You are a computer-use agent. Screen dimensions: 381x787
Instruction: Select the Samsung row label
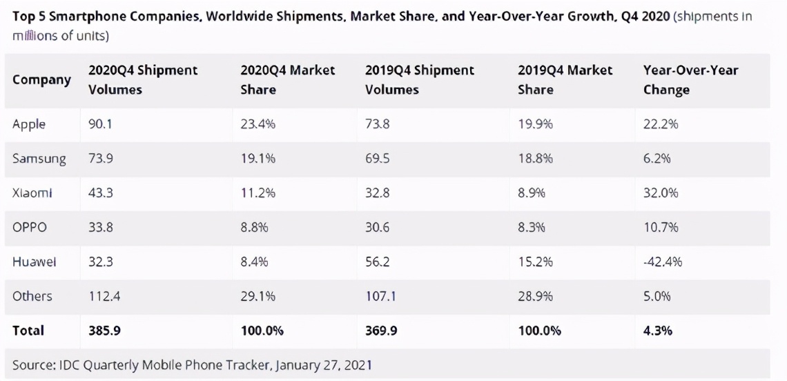[x=39, y=159]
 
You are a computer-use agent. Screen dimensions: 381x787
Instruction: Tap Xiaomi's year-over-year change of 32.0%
[x=661, y=193]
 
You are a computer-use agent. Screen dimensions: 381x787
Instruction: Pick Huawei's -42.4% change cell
[x=663, y=262]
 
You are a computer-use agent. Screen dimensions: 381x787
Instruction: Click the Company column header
[x=41, y=79]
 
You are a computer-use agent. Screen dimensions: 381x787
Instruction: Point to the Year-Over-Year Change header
[x=690, y=79]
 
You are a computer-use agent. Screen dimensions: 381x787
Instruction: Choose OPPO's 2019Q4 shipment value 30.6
[x=378, y=227]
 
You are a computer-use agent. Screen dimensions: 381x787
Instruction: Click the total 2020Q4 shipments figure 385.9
[x=104, y=330]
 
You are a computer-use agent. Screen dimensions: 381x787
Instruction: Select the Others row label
[x=32, y=295]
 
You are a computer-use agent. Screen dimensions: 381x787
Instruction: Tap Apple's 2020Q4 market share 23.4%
[x=258, y=124]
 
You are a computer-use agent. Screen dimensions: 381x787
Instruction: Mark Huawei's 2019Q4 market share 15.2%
[x=535, y=262]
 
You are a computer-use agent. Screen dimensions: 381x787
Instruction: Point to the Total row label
[x=28, y=330]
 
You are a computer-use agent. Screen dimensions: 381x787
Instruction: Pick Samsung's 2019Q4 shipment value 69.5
[x=378, y=159]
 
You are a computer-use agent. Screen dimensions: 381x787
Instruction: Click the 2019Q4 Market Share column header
[x=565, y=79]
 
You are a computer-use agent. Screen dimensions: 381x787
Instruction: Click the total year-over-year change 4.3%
[x=658, y=330]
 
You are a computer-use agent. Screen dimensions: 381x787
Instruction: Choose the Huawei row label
[x=35, y=262]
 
